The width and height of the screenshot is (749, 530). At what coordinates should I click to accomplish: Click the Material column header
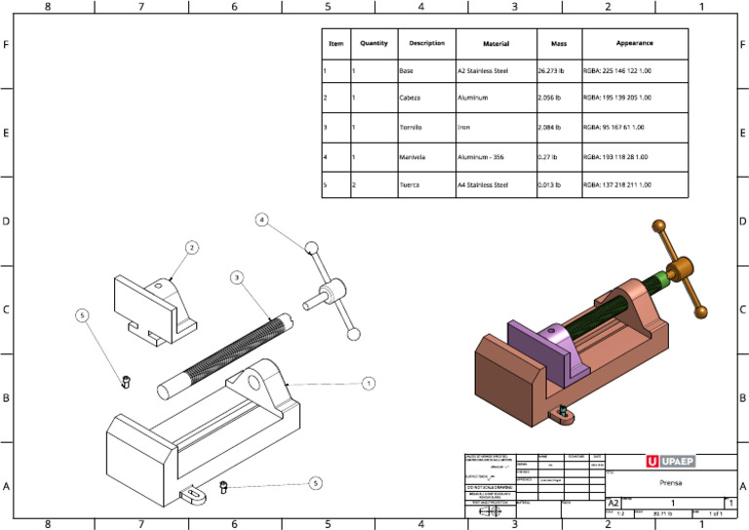pyautogui.click(x=496, y=44)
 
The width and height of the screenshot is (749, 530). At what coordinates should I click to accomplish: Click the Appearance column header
pyautogui.click(x=634, y=44)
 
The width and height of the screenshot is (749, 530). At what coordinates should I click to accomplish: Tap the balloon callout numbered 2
pyautogui.click(x=192, y=248)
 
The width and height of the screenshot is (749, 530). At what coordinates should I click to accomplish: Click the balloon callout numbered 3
pyautogui.click(x=237, y=278)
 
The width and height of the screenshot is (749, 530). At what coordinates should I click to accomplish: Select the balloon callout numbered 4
pyautogui.click(x=262, y=221)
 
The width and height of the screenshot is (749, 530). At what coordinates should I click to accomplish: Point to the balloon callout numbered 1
pyautogui.click(x=369, y=384)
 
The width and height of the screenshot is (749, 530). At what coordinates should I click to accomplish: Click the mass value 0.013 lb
pyautogui.click(x=550, y=184)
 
